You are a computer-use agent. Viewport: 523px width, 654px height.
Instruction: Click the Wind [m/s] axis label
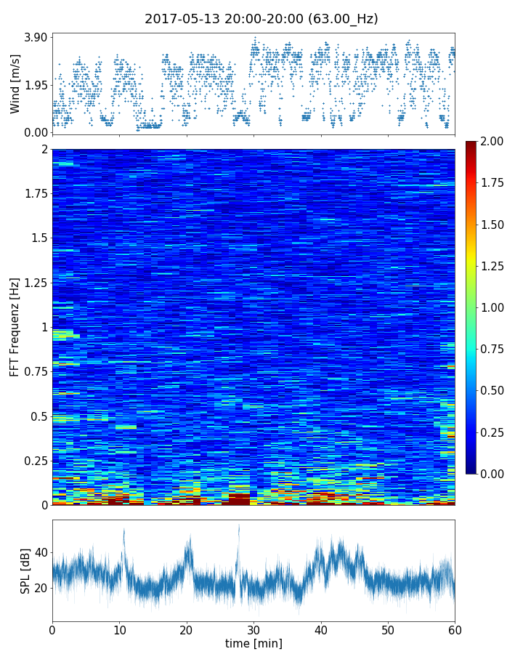coord(15,83)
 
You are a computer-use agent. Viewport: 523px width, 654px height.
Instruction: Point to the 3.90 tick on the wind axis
coord(35,37)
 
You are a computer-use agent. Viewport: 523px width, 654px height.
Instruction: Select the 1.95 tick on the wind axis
coord(35,85)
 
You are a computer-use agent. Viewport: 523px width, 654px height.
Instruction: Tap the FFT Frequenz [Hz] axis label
coord(15,326)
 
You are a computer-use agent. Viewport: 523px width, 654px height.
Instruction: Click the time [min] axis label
coord(254,643)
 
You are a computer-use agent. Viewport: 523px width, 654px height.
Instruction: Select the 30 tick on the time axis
coord(254,629)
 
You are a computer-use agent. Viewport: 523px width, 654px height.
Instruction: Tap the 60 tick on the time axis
coord(455,629)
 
